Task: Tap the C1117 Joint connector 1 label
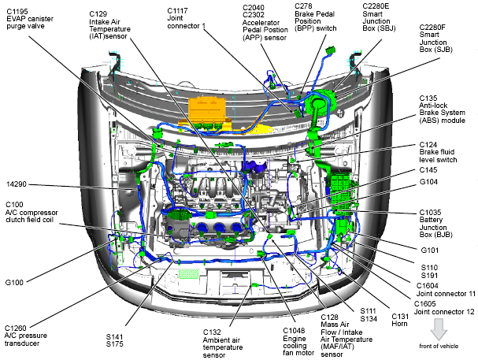187,20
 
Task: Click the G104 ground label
429,182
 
